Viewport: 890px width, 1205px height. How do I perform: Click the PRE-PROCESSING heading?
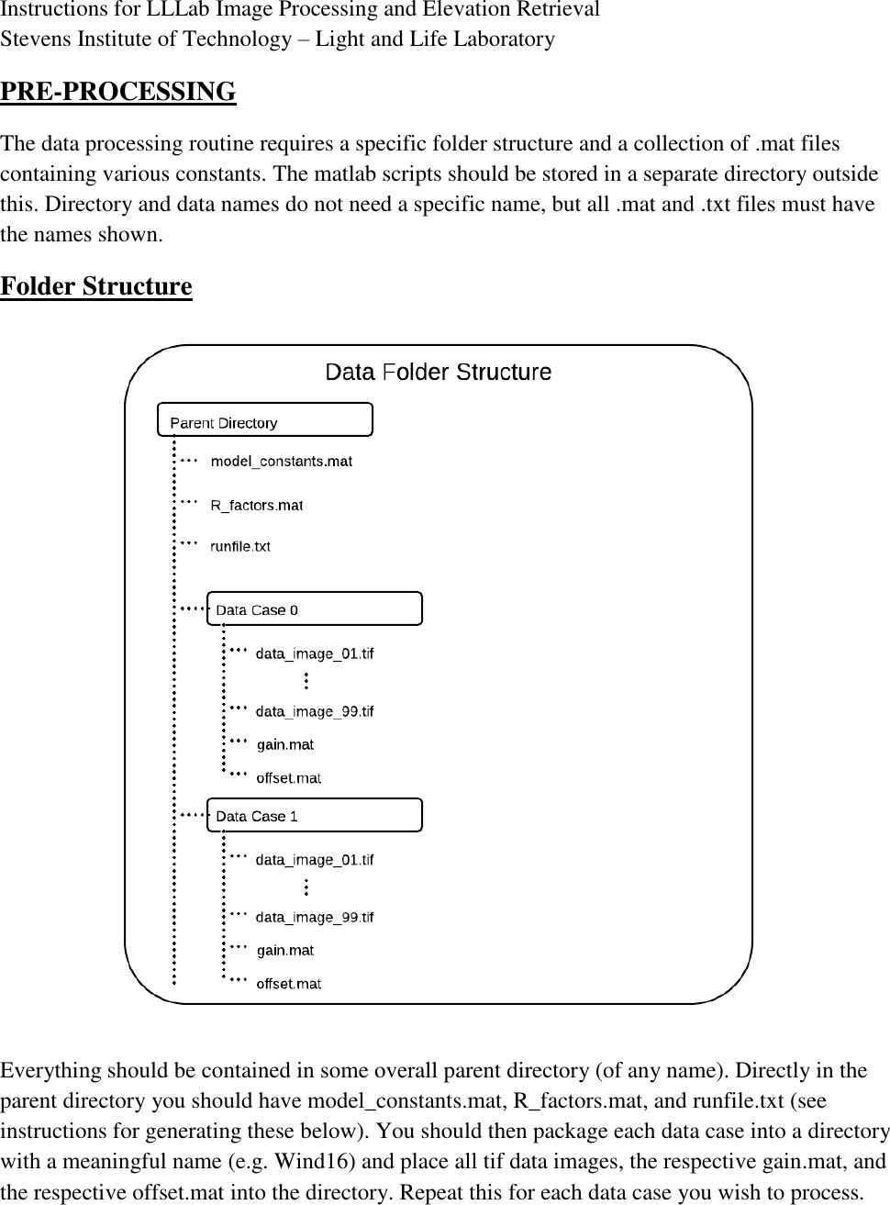(117, 92)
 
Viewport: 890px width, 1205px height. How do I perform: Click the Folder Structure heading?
(96, 286)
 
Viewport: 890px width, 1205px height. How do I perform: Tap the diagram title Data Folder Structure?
(439, 372)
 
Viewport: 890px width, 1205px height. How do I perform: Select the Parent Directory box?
(265, 419)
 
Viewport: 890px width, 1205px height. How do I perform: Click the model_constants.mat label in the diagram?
(281, 461)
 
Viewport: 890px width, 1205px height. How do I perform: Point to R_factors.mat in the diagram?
(256, 505)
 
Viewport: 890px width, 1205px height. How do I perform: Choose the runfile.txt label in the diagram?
(240, 546)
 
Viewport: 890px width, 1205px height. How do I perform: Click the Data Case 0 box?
(314, 609)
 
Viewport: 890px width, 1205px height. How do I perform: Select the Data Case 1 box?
(314, 815)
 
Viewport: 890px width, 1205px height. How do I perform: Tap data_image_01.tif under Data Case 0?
(315, 653)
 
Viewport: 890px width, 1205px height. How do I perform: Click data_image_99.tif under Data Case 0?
(315, 711)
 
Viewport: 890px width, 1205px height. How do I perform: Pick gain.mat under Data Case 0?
(285, 744)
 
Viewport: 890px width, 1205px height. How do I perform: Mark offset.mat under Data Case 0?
(288, 777)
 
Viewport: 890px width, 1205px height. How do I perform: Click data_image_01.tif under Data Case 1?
(315, 860)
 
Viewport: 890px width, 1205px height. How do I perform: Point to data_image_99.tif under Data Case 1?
(315, 917)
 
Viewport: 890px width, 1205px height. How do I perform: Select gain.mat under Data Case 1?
(285, 950)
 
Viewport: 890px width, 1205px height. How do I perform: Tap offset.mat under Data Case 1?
(288, 984)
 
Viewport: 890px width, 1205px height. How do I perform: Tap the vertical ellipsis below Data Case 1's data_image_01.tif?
(306, 887)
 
